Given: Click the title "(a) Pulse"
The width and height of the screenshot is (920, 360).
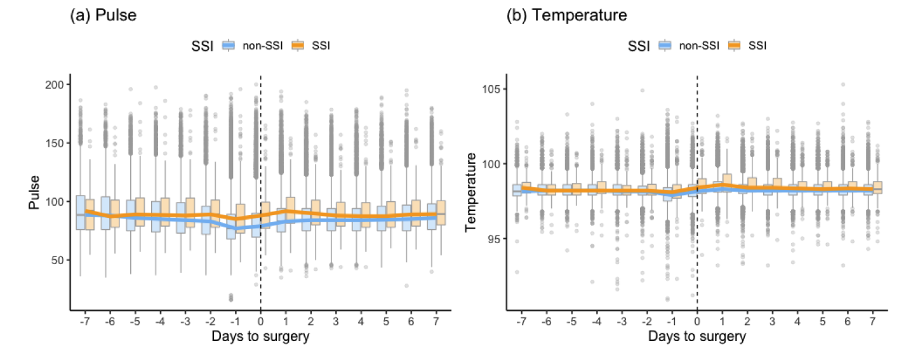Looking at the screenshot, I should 103,16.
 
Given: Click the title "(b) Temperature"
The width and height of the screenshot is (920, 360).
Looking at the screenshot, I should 566,16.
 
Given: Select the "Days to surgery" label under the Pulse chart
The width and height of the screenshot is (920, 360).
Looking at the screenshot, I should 260,337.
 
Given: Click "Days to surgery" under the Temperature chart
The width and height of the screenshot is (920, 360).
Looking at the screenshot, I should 697,337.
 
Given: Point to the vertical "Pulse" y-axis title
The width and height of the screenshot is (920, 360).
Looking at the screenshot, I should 34,193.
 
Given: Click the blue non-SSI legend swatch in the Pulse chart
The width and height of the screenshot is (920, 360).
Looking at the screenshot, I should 229,45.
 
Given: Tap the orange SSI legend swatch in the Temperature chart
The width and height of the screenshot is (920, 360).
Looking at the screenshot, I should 735,45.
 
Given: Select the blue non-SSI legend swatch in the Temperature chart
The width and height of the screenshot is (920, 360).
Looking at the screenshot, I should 665,45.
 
